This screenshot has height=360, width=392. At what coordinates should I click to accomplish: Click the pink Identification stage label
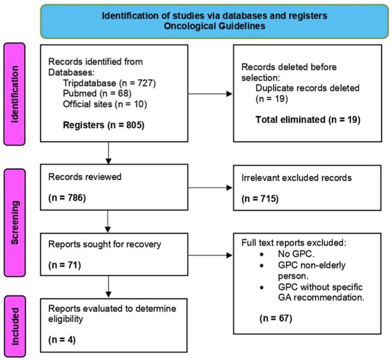click(x=15, y=94)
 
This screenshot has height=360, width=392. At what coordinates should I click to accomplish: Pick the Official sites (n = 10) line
click(x=105, y=104)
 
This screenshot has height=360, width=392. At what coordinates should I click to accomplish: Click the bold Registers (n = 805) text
click(x=103, y=125)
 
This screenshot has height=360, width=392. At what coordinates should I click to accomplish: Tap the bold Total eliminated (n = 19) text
click(x=308, y=120)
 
